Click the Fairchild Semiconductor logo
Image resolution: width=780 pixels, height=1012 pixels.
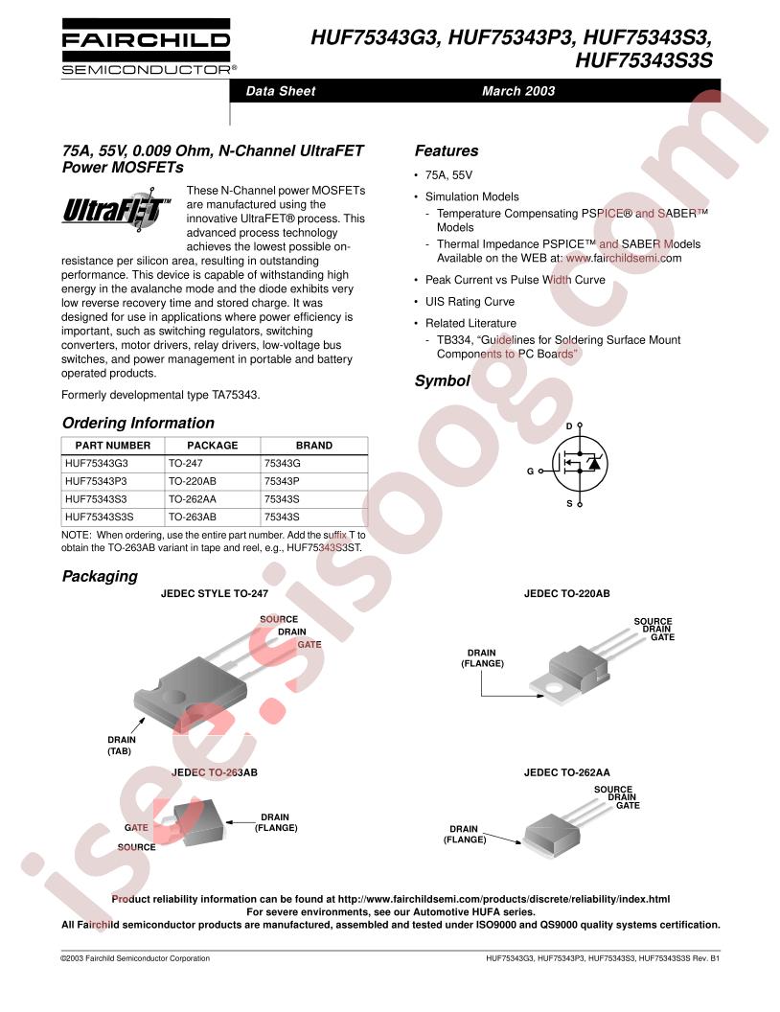coord(146,46)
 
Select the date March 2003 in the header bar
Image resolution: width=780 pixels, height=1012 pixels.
coord(518,91)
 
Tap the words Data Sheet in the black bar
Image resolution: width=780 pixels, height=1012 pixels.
coord(281,91)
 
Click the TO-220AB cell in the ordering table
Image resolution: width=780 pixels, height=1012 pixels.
coord(193,481)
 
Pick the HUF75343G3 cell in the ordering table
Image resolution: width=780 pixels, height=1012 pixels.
coord(97,463)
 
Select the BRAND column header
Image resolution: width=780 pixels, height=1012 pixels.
coord(314,446)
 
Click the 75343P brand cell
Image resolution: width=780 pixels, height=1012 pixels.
coord(282,481)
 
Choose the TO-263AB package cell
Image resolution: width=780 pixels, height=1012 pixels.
coord(193,517)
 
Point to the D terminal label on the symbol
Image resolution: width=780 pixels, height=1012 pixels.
coord(569,425)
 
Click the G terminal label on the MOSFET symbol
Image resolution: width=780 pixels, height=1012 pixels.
coord(530,471)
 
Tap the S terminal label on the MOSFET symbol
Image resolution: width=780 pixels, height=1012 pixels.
coord(570,503)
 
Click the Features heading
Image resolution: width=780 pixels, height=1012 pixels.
coord(447,151)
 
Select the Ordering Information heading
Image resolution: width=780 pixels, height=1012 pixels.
coord(138,423)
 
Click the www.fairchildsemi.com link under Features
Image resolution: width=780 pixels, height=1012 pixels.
coord(624,258)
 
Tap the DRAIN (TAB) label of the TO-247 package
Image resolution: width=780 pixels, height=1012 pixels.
coord(121,746)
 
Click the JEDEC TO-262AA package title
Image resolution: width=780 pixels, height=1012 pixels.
coord(566,772)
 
